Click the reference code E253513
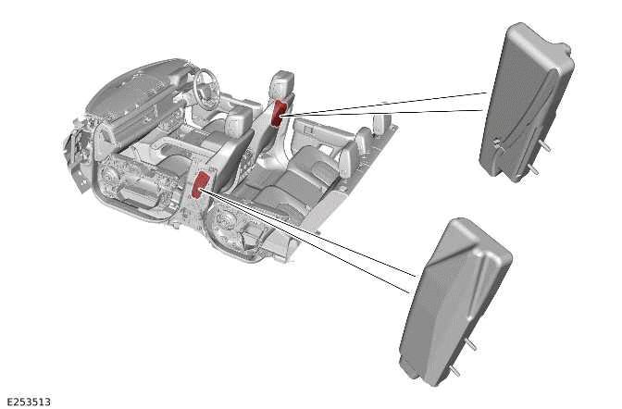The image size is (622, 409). [28, 402]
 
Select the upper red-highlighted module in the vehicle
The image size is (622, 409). [278, 112]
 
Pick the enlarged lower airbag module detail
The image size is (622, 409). [454, 296]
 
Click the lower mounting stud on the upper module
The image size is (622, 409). [535, 170]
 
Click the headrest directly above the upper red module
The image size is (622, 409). [283, 83]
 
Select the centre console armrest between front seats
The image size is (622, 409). [180, 148]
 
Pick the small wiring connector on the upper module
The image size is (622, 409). [498, 143]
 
